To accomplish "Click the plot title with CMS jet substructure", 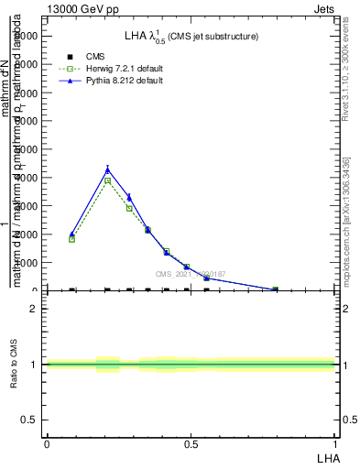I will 191,36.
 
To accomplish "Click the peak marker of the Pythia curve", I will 108,169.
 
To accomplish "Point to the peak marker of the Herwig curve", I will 107,180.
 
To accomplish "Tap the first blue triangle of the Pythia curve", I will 71,234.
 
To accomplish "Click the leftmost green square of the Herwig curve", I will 71,239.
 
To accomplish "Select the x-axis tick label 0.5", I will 191,444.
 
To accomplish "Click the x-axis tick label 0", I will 46,444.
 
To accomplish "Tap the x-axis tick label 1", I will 335,444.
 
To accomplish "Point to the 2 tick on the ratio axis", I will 33,309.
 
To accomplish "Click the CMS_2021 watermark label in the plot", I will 190,274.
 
